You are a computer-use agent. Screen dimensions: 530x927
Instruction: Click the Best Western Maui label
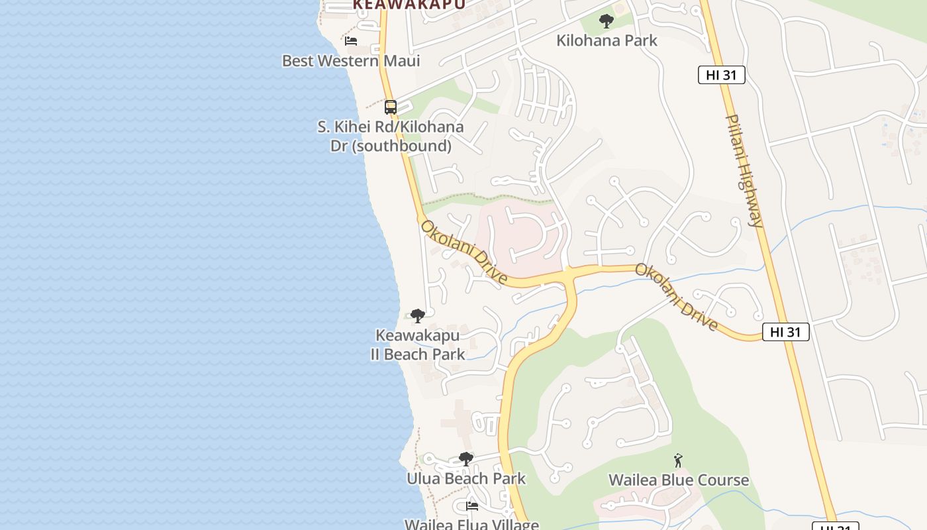pos(351,61)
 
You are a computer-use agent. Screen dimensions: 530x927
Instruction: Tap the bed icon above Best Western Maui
pos(351,41)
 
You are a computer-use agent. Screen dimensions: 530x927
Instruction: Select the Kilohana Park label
pos(607,40)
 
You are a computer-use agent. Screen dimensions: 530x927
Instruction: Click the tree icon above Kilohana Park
pos(606,21)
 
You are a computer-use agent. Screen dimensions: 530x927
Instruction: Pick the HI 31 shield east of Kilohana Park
pos(721,75)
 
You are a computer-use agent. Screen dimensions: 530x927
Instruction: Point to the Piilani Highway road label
pos(745,171)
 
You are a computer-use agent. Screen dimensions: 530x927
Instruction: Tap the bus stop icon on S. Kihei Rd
pos(391,107)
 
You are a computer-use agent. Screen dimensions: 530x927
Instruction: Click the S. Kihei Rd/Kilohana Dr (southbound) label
pos(391,136)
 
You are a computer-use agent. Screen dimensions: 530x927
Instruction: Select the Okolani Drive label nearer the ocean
pos(464,252)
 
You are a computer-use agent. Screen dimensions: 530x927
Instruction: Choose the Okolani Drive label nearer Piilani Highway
pos(677,297)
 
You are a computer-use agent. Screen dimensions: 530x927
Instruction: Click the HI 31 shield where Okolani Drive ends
pos(785,332)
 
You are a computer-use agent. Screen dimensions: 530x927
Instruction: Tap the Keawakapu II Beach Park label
pos(417,345)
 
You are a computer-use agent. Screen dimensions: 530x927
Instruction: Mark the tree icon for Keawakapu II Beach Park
pos(417,316)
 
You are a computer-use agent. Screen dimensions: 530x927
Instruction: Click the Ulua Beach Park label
pos(466,478)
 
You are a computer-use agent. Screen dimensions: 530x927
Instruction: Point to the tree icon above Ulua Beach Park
pos(466,458)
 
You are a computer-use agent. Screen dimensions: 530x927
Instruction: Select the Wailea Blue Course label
pos(679,480)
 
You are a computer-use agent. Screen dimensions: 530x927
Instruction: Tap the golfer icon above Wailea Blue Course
pos(678,460)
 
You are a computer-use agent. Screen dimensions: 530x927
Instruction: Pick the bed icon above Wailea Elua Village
pos(472,506)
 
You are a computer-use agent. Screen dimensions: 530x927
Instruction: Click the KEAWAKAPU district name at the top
pos(409,4)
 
